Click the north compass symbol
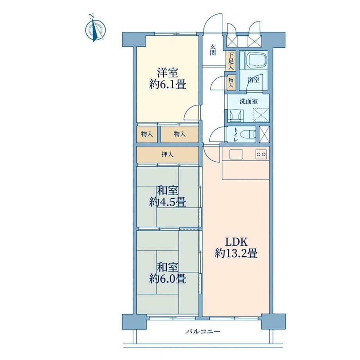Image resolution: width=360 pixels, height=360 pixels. (95, 29)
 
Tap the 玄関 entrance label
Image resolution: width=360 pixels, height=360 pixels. (213, 50)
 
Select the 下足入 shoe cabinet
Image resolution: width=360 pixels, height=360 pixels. (230, 61)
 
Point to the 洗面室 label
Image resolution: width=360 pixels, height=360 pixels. (248, 101)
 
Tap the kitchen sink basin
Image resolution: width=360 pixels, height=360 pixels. (236, 154)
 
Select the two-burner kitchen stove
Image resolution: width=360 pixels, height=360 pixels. (261, 154)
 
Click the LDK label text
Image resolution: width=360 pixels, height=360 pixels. (236, 242)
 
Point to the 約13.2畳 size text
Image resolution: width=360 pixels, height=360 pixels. (236, 254)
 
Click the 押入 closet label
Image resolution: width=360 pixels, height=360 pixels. (167, 154)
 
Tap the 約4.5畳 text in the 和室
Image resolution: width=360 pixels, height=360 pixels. (167, 202)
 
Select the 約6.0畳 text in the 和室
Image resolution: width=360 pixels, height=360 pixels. (167, 279)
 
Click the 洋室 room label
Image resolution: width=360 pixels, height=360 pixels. (167, 73)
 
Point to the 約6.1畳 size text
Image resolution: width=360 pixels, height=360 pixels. (167, 84)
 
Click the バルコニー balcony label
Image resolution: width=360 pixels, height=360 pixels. (203, 331)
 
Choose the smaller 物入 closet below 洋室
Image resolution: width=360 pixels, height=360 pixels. (147, 134)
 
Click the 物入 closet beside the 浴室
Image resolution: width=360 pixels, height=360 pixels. (231, 82)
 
